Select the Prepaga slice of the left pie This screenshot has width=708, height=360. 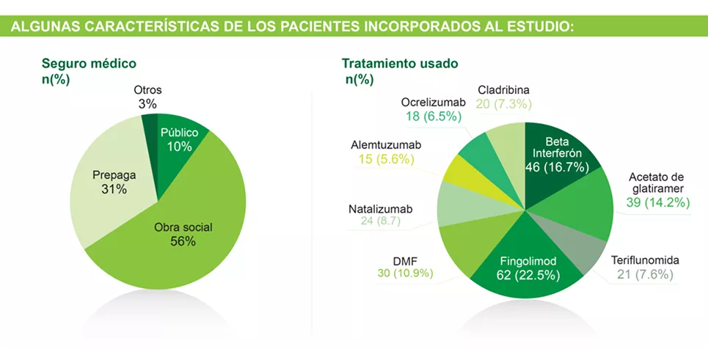click(x=110, y=183)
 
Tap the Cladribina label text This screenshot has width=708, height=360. click(x=503, y=90)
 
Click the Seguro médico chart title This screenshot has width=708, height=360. click(x=89, y=64)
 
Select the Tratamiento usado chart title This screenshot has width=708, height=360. click(x=400, y=64)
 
